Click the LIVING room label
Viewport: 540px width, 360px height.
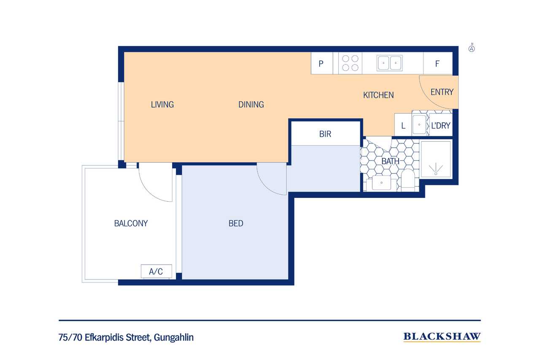click(x=162, y=104)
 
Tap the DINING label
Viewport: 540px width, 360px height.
click(x=251, y=104)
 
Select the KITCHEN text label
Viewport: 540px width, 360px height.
click(x=378, y=95)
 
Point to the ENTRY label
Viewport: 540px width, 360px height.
click(x=442, y=92)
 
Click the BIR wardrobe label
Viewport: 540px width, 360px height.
click(x=325, y=134)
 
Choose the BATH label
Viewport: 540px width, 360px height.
click(x=390, y=161)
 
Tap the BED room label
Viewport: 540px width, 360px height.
click(x=236, y=223)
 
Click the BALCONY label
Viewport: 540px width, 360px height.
click(x=131, y=223)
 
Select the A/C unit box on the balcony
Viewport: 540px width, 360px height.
click(x=157, y=271)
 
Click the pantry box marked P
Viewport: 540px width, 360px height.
click(x=322, y=63)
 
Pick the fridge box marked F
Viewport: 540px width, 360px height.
click(x=438, y=63)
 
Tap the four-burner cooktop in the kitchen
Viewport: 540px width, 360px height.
click(x=350, y=63)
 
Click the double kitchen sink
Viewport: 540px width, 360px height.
click(x=389, y=63)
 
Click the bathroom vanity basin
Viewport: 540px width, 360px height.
click(x=381, y=183)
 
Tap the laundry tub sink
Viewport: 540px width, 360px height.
click(x=419, y=125)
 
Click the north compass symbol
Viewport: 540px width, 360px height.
click(x=472, y=48)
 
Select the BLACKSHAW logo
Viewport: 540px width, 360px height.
click(x=442, y=337)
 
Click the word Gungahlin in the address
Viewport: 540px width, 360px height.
click(x=173, y=338)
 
